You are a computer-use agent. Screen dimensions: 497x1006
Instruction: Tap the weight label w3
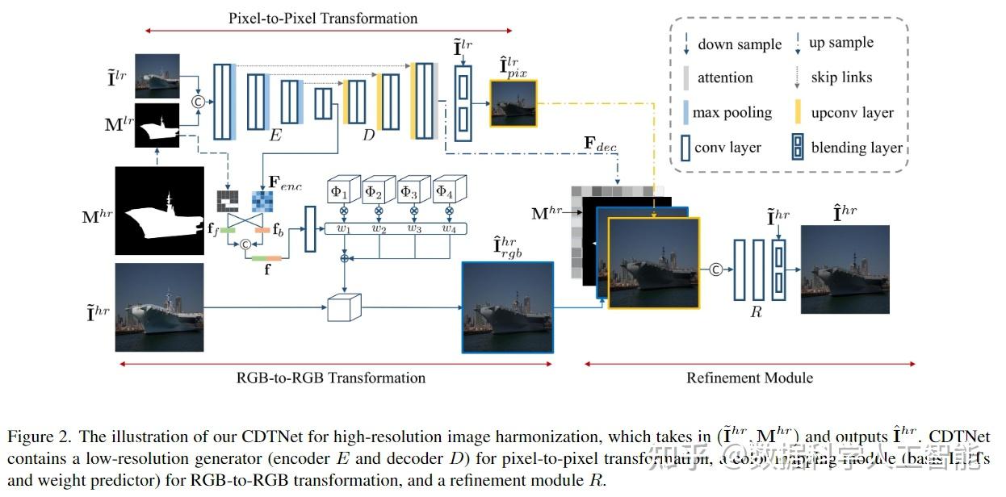pyautogui.click(x=414, y=228)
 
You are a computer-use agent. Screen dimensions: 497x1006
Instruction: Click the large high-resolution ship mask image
pyautogui.click(x=160, y=211)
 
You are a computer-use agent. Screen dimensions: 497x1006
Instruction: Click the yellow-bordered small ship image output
pyautogui.click(x=513, y=103)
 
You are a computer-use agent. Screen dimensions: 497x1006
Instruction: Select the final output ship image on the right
pyautogui.click(x=845, y=269)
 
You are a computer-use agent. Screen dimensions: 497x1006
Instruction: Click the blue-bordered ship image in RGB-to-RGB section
pyautogui.click(x=507, y=307)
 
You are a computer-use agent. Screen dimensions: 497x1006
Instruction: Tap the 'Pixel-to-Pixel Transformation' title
pyautogui.click(x=323, y=18)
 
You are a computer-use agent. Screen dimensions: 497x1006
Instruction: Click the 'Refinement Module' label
pyautogui.click(x=749, y=378)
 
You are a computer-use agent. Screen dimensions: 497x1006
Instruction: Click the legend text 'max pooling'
pyautogui.click(x=732, y=113)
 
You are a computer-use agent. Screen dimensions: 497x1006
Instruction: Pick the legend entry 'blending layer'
pyautogui.click(x=857, y=148)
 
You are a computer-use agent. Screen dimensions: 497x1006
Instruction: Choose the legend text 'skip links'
pyautogui.click(x=841, y=77)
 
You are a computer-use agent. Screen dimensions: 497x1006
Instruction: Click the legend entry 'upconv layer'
pyautogui.click(x=853, y=113)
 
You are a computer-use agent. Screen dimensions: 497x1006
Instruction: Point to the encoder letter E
pyautogui.click(x=275, y=135)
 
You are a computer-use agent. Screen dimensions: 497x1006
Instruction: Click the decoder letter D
pyautogui.click(x=368, y=135)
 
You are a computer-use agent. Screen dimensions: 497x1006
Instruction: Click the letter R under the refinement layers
pyautogui.click(x=756, y=311)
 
